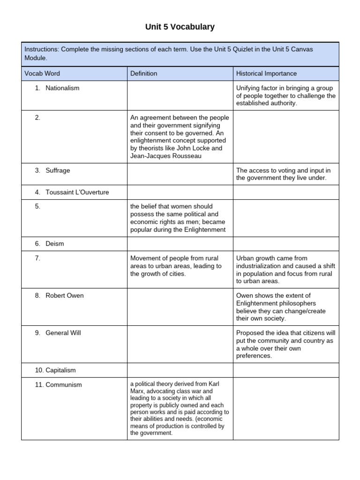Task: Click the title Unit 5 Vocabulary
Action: click(x=180, y=27)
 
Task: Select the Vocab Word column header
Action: click(x=42, y=74)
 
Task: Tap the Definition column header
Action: click(x=144, y=74)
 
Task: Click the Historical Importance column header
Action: click(x=266, y=74)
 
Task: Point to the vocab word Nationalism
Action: click(x=62, y=88)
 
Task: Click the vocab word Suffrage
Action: click(x=58, y=171)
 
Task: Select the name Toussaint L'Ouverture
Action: click(x=77, y=192)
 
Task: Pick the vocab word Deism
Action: click(x=54, y=244)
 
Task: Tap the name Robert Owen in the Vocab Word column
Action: click(x=65, y=296)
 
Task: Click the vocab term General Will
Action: click(x=63, y=333)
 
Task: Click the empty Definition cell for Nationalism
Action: click(x=180, y=96)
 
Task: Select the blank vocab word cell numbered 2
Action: click(x=74, y=137)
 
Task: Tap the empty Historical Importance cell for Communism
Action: click(x=286, y=409)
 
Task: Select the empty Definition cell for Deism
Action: click(x=180, y=244)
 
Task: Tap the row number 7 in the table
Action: click(x=37, y=258)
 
